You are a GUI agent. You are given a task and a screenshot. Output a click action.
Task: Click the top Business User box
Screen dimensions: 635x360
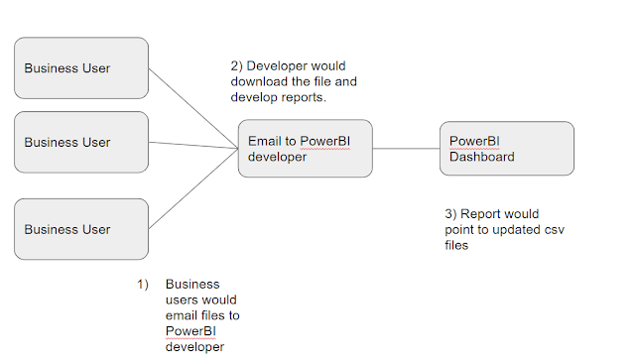tap(81, 68)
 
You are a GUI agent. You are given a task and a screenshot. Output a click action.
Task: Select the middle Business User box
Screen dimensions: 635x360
tap(81, 142)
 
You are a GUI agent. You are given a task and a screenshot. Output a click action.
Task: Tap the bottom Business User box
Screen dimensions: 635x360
tap(81, 229)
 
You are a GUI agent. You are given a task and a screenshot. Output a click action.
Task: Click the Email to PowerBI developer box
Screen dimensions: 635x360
tap(306, 148)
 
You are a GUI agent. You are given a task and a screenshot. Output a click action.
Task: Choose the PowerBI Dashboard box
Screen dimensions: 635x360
tap(507, 148)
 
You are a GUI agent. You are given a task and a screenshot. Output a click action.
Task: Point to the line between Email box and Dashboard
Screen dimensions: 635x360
tap(406, 148)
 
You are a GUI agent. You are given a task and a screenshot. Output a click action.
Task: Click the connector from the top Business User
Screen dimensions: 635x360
tap(193, 108)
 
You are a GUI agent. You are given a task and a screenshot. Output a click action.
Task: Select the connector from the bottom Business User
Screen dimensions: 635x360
tap(193, 188)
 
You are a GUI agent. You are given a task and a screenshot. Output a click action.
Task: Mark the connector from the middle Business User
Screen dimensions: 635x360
tap(193, 146)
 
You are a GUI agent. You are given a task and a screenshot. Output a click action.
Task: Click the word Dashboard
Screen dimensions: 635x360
tap(482, 157)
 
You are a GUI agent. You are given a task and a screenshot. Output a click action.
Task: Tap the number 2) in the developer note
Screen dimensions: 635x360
tap(236, 66)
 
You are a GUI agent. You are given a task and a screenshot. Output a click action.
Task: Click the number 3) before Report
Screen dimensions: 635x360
tap(450, 214)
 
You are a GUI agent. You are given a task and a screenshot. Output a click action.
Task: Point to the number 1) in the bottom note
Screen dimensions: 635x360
tap(143, 285)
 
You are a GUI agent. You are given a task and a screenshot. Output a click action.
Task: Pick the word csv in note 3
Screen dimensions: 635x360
tap(555, 230)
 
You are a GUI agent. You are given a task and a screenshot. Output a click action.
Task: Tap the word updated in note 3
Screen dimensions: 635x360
tap(517, 230)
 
